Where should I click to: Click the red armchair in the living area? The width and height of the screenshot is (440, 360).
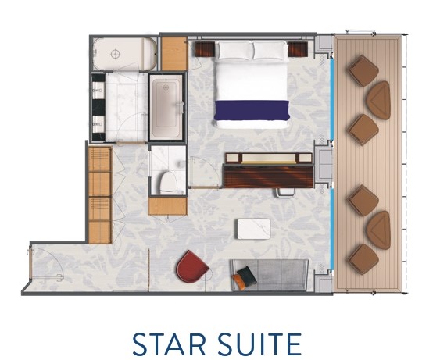click(191, 267)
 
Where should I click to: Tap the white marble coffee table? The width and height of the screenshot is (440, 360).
click(254, 229)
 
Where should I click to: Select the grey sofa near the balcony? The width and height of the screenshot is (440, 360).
click(270, 275)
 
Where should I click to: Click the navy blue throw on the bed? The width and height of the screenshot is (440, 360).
click(252, 110)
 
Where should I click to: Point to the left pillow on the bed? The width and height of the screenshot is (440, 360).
click(235, 51)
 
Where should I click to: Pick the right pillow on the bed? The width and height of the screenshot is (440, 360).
click(270, 51)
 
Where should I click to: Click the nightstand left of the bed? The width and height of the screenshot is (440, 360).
click(205, 49)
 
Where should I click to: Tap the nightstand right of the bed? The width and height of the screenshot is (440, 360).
click(298, 49)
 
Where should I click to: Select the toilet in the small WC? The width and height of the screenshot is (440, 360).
click(168, 182)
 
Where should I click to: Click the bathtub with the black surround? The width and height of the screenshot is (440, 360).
click(167, 106)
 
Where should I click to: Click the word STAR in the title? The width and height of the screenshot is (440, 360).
click(169, 344)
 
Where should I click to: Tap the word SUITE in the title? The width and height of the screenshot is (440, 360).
click(260, 344)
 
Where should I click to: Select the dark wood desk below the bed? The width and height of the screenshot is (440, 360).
click(269, 176)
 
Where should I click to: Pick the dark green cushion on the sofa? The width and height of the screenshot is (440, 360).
click(247, 276)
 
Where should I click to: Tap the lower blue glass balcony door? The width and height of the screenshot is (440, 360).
click(331, 229)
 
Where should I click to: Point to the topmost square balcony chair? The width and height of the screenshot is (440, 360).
click(363, 70)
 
